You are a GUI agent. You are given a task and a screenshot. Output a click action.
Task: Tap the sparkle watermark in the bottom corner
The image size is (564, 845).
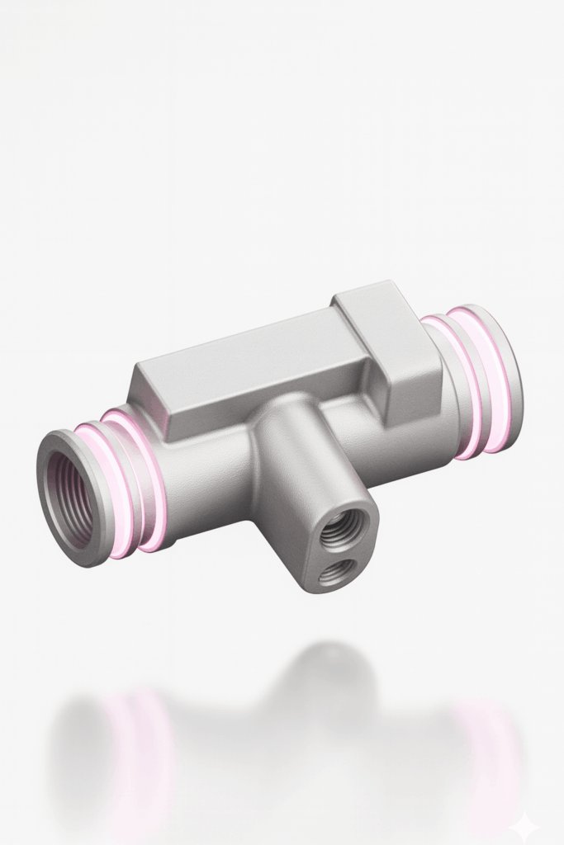click(524, 825)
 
